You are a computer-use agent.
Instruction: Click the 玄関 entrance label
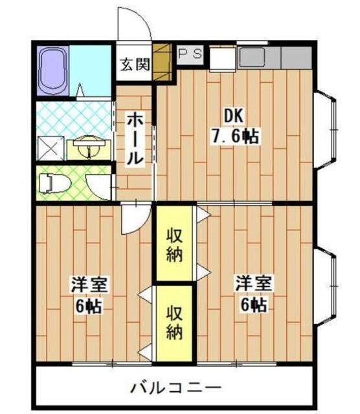[x=135, y=65]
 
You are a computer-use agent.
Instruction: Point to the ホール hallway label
[x=135, y=139]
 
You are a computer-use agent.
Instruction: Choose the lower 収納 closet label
[x=173, y=323]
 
